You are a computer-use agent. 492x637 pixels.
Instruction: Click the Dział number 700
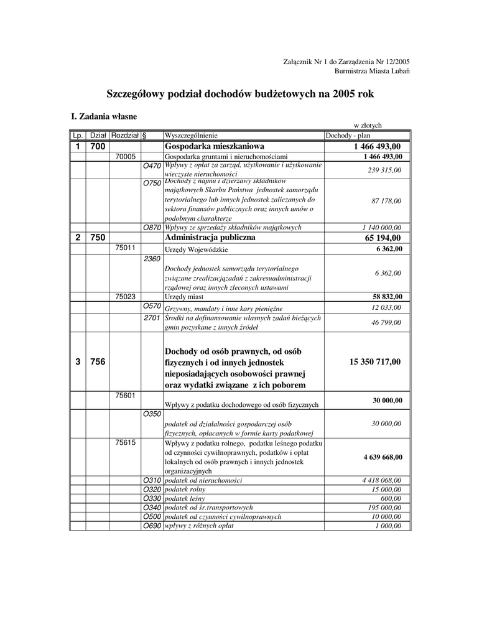point(98,146)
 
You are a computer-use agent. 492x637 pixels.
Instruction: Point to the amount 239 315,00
point(384,170)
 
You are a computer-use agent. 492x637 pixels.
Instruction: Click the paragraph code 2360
point(152,258)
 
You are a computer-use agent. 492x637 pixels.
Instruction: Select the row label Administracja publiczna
point(210,238)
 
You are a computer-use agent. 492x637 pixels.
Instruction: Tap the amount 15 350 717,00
point(376,361)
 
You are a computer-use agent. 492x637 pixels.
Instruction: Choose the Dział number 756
point(98,361)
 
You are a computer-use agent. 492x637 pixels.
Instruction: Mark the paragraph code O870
point(152,228)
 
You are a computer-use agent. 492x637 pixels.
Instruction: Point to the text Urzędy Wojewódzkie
point(197,249)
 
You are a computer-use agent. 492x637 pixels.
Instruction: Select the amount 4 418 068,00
point(381,480)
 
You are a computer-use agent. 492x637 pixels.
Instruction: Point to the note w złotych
point(368,125)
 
